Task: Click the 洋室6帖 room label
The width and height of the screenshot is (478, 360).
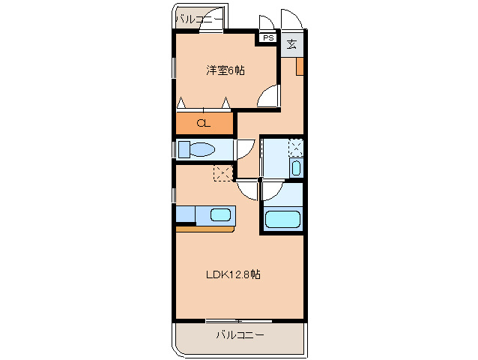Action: click(x=226, y=70)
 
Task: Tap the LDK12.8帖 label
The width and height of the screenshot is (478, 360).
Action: click(x=234, y=274)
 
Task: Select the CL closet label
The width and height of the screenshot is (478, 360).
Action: click(x=203, y=124)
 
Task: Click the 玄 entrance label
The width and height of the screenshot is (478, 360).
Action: click(x=292, y=43)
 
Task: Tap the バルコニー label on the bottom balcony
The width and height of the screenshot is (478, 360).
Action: click(x=240, y=334)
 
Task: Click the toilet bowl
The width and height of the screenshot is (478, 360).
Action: click(x=203, y=149)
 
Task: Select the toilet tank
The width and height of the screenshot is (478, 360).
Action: click(x=184, y=149)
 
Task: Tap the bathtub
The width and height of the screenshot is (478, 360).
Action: click(x=282, y=220)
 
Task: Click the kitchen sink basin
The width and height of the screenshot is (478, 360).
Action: click(x=220, y=215)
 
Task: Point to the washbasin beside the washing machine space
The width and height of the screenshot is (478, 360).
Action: click(x=296, y=167)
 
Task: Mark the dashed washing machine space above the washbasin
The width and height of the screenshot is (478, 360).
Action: click(x=296, y=147)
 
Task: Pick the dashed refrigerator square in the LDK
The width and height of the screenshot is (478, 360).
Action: click(x=223, y=173)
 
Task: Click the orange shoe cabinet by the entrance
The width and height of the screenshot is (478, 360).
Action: click(x=299, y=66)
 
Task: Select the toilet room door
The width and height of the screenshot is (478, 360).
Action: click(x=246, y=149)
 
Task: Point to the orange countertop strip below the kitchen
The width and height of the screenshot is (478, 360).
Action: click(x=205, y=228)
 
